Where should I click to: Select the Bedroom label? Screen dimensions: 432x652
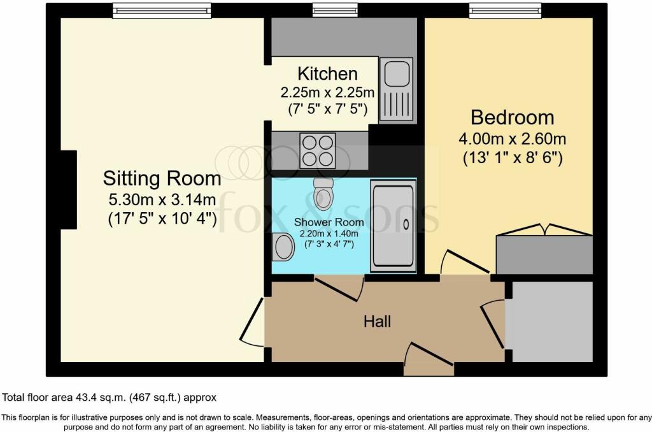pyautogui.click(x=512, y=117)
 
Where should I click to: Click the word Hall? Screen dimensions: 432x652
pyautogui.click(x=377, y=322)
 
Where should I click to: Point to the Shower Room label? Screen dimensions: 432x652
pyautogui.click(x=329, y=222)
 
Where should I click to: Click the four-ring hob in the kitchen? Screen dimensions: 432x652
pyautogui.click(x=317, y=150)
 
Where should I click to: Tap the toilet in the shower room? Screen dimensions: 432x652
pyautogui.click(x=324, y=191)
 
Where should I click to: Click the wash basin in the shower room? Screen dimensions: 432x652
pyautogui.click(x=282, y=247)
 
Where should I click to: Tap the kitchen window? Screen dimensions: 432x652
pyautogui.click(x=335, y=10)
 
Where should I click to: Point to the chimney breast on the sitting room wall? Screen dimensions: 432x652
pyautogui.click(x=68, y=189)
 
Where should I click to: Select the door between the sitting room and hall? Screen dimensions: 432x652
pyautogui.click(x=253, y=322)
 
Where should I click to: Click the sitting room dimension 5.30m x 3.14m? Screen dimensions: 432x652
pyautogui.click(x=162, y=199)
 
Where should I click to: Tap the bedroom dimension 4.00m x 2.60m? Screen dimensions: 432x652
pyautogui.click(x=512, y=138)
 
